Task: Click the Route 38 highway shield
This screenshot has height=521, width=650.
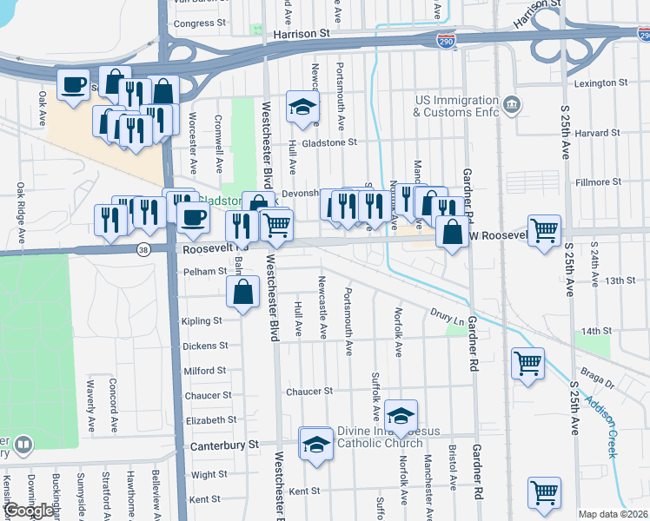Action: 142,249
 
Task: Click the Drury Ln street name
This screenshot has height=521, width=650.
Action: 446,313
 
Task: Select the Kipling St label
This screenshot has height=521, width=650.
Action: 202,321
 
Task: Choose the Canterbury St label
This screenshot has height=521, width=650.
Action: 225,445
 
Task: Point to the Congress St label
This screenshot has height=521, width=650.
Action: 199,23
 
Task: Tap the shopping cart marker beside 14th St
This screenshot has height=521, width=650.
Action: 527,363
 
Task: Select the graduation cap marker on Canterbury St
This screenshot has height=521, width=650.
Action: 315,444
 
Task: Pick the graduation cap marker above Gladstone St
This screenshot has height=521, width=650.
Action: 302,107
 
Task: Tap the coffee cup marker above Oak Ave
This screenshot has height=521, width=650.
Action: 73,85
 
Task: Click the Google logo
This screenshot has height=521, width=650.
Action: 29,511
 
